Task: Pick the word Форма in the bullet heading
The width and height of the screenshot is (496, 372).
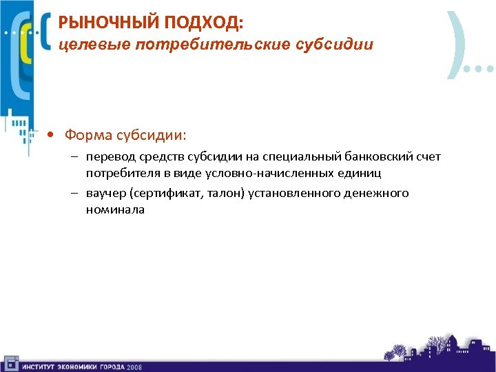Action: point(84,134)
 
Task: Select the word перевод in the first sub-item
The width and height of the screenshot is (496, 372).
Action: point(110,158)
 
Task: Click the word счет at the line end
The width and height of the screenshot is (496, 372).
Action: point(428,158)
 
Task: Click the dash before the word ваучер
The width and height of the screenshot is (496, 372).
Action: point(72,194)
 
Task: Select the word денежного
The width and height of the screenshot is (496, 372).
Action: point(377,194)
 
